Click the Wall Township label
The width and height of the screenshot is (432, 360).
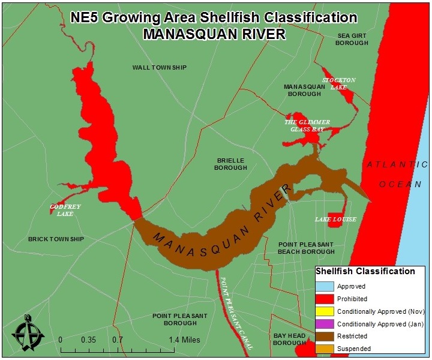160,67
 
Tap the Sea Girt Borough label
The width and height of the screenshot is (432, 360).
352,40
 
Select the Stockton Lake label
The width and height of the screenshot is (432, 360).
339,83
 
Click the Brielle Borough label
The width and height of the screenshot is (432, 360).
230,164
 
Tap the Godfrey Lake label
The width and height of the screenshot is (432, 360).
65,210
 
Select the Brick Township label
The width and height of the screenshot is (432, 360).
56,239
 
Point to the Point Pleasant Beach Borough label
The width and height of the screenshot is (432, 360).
306,248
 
